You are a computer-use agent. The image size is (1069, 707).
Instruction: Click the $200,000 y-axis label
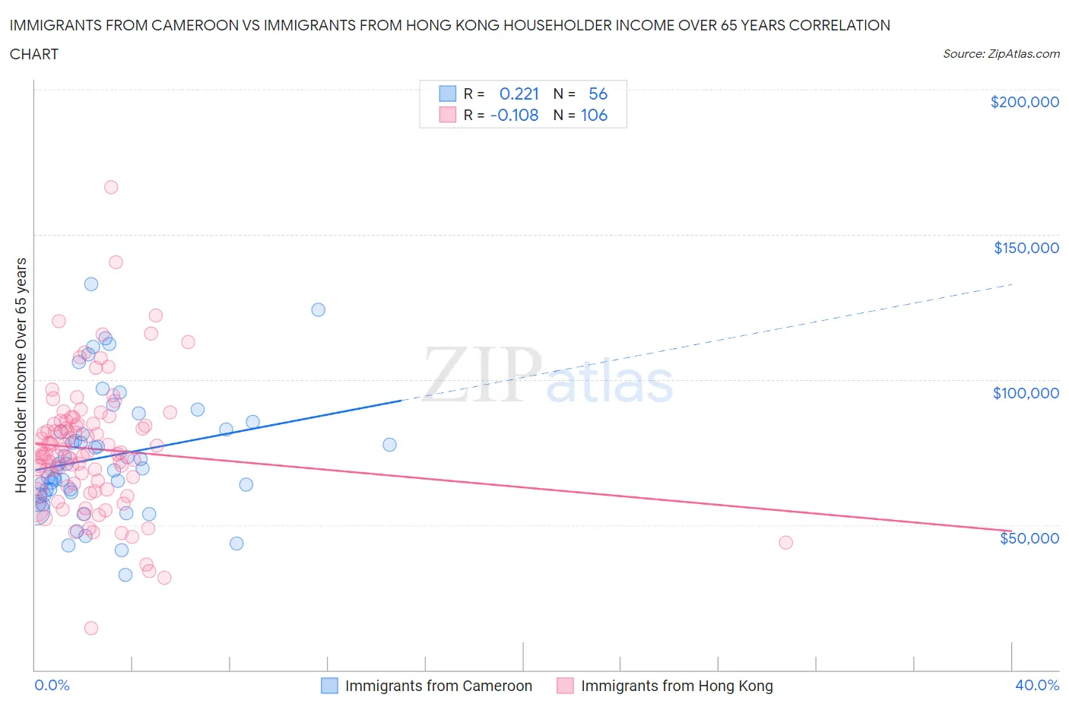point(1024,102)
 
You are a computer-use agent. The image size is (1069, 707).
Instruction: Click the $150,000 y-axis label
point(1026,248)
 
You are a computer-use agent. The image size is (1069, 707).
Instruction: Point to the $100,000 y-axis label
point(1026,393)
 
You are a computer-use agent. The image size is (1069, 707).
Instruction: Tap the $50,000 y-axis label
point(1029,538)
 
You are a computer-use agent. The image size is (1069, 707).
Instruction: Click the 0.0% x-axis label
point(52,685)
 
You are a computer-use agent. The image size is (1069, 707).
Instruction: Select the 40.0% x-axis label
point(1037,685)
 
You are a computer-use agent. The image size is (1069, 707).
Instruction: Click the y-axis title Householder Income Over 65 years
point(21,375)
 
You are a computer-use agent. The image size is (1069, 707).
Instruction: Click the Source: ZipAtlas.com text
point(1001,54)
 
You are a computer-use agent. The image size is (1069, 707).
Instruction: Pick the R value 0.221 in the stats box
point(519,94)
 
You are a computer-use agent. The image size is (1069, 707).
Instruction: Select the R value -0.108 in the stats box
point(514,115)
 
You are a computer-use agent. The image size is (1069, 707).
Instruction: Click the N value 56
point(598,94)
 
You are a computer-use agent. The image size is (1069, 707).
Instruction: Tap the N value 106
point(594,115)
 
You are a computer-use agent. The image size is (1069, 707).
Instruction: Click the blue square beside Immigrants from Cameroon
point(329,686)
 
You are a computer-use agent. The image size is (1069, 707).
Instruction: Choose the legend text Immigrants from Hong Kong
point(677,686)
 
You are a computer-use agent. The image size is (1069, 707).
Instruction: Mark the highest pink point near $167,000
point(111,187)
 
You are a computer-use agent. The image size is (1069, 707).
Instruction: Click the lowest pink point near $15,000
point(91,628)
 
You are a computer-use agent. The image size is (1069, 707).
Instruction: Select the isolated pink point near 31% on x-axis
point(785,542)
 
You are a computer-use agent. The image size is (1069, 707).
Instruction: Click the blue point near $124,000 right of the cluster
point(319,309)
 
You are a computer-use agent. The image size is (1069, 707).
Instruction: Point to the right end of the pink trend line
point(1011,530)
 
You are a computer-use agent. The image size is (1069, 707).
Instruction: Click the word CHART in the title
point(34,54)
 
